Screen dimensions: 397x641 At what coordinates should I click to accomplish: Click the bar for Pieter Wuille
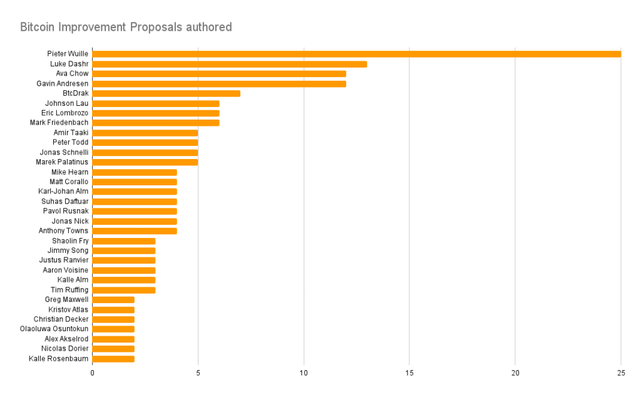click(356, 54)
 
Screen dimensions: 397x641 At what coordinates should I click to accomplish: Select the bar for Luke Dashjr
click(229, 64)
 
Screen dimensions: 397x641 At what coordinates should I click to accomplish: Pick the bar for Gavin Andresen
click(219, 83)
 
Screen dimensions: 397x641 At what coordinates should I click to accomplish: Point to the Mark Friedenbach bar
click(155, 123)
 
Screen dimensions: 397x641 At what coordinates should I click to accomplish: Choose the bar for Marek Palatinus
click(145, 162)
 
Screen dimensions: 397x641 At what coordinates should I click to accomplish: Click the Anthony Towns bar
click(135, 231)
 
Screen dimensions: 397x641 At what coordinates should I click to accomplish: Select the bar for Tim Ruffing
click(124, 290)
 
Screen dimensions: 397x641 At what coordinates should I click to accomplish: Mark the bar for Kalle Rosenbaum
click(113, 359)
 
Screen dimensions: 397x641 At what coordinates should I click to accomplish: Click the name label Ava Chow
click(72, 74)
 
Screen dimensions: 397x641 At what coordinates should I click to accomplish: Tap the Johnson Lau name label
click(67, 103)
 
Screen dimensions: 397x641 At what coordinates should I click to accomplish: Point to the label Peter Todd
click(71, 143)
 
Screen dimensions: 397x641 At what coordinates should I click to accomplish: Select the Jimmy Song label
click(68, 250)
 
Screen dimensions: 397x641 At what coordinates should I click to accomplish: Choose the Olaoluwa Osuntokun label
click(54, 329)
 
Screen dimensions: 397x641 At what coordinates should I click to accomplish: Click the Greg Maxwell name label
click(67, 300)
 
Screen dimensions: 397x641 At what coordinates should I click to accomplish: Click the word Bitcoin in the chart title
click(38, 28)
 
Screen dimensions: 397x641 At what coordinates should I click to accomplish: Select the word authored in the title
click(209, 28)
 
